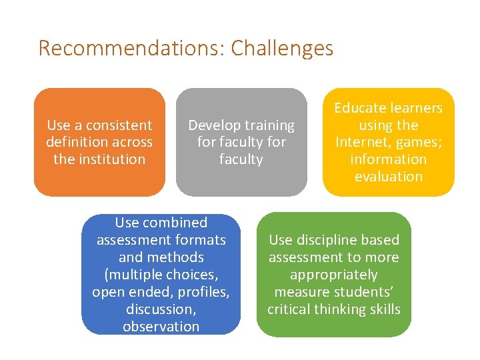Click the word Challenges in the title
point(282,49)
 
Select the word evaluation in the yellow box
point(389,177)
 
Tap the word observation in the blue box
point(161,327)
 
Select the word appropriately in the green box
point(333,275)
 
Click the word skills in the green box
point(383,309)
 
